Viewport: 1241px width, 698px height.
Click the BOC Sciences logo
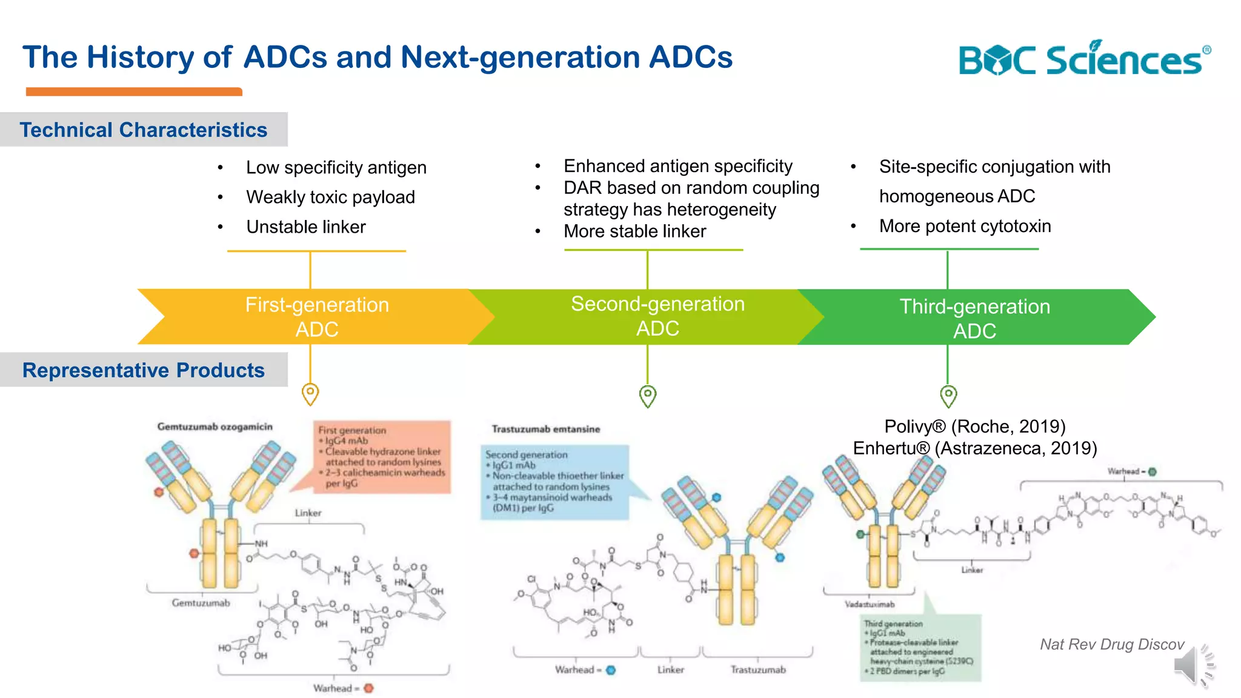pyautogui.click(x=1083, y=59)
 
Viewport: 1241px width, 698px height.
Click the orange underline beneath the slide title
pyautogui.click(x=134, y=91)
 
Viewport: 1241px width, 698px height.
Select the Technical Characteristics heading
pyautogui.click(x=144, y=130)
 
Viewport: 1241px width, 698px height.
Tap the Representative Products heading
pyautogui.click(x=144, y=370)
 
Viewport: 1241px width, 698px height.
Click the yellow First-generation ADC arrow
pyautogui.click(x=316, y=317)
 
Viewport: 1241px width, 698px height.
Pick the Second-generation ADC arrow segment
pyautogui.click(x=657, y=316)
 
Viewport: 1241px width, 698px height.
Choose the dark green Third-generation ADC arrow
pyautogui.click(x=974, y=318)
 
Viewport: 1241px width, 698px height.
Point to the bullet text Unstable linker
pyautogui.click(x=305, y=227)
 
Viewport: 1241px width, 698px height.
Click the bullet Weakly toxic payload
pyautogui.click(x=330, y=197)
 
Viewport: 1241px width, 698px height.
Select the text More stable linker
pyautogui.click(x=634, y=231)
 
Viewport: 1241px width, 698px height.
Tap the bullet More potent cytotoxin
pyautogui.click(x=965, y=226)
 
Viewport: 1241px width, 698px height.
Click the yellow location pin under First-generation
pyautogui.click(x=310, y=394)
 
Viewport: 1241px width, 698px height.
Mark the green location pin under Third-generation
pyautogui.click(x=948, y=396)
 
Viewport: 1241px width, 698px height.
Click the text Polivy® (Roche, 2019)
pyautogui.click(x=974, y=427)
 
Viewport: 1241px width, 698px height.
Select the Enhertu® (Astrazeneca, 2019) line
pyautogui.click(x=974, y=448)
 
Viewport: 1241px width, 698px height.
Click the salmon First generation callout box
pyautogui.click(x=382, y=456)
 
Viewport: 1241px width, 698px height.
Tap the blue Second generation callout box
pyautogui.click(x=554, y=482)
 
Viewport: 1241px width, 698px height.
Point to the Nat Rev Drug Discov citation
pyautogui.click(x=1111, y=644)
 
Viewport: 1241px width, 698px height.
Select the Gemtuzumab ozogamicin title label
pyautogui.click(x=215, y=427)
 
